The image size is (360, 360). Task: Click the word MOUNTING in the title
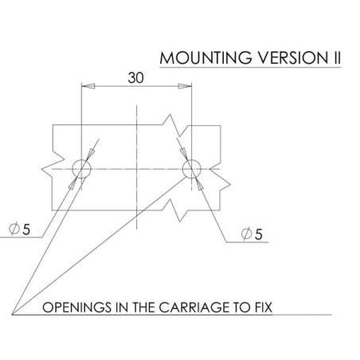click(205, 57)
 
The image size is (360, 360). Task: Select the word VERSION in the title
click(293, 57)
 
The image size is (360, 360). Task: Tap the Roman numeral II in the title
click(337, 57)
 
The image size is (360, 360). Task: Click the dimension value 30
click(135, 78)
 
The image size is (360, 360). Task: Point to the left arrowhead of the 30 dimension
click(88, 86)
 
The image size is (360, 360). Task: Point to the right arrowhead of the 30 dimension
click(185, 86)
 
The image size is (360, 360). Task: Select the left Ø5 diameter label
click(19, 229)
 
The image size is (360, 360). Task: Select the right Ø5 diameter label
click(252, 234)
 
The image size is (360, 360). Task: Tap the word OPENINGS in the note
click(77, 307)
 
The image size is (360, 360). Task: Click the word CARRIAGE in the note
click(194, 307)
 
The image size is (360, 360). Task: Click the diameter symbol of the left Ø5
click(14, 229)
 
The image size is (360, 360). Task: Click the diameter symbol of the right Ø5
click(246, 234)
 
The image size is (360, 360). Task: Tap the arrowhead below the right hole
click(200, 184)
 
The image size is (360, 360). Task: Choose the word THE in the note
click(143, 307)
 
